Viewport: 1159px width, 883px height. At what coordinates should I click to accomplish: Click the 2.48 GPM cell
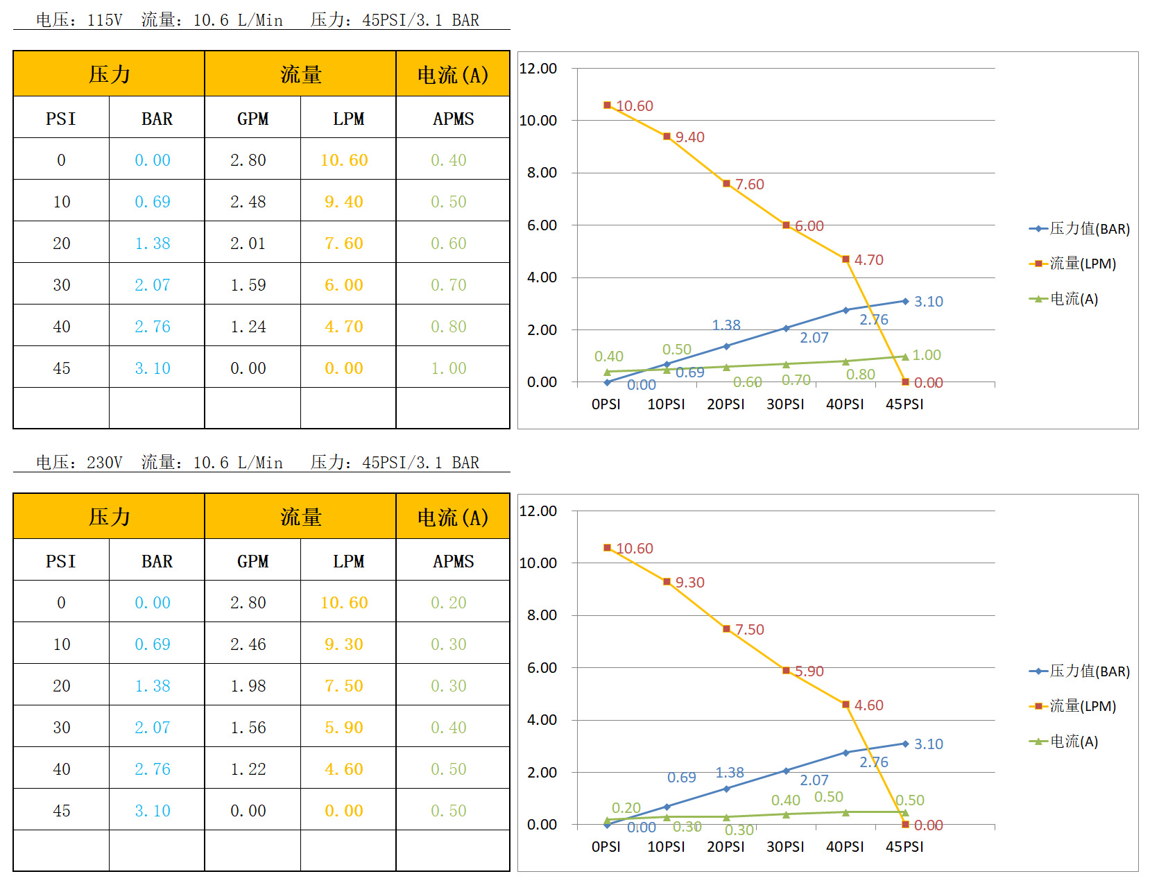(248, 202)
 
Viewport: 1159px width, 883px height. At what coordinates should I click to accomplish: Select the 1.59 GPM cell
(248, 285)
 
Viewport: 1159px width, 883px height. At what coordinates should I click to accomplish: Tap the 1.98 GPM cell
(248, 686)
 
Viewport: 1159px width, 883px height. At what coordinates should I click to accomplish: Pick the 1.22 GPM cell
(248, 769)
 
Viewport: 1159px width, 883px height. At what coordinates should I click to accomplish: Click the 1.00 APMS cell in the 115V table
(449, 368)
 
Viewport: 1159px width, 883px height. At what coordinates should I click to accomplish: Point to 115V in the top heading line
(105, 20)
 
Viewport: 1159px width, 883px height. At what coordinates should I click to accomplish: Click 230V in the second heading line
(105, 463)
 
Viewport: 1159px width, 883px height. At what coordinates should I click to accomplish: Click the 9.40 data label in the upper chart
(689, 137)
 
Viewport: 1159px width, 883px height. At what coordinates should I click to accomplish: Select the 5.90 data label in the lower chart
(809, 671)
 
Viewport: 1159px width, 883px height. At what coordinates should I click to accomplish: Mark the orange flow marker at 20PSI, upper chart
(727, 184)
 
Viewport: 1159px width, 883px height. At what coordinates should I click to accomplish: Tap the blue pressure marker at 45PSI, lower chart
(905, 744)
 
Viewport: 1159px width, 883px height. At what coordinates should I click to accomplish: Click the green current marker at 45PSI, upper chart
(905, 357)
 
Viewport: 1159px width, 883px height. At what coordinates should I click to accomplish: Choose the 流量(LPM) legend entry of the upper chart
(1073, 264)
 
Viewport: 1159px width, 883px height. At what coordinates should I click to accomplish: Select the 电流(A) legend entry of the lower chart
(1064, 741)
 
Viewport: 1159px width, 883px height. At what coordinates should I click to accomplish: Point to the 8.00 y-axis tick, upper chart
(542, 173)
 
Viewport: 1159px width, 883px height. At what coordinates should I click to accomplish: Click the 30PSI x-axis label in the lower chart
(785, 847)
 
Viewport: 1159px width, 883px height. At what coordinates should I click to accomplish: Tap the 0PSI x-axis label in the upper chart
(606, 404)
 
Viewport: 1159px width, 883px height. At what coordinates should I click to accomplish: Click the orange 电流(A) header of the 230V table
(453, 517)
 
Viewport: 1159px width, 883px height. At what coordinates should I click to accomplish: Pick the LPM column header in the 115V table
(348, 119)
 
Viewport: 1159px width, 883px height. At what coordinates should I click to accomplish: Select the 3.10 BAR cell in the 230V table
(153, 811)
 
